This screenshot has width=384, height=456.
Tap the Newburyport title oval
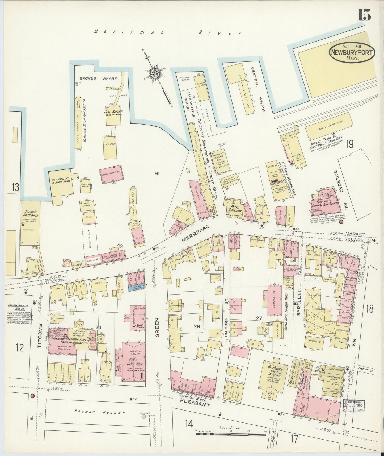pos(352,52)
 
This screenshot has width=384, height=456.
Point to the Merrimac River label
pos(168,32)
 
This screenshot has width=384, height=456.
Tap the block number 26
pos(197,327)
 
